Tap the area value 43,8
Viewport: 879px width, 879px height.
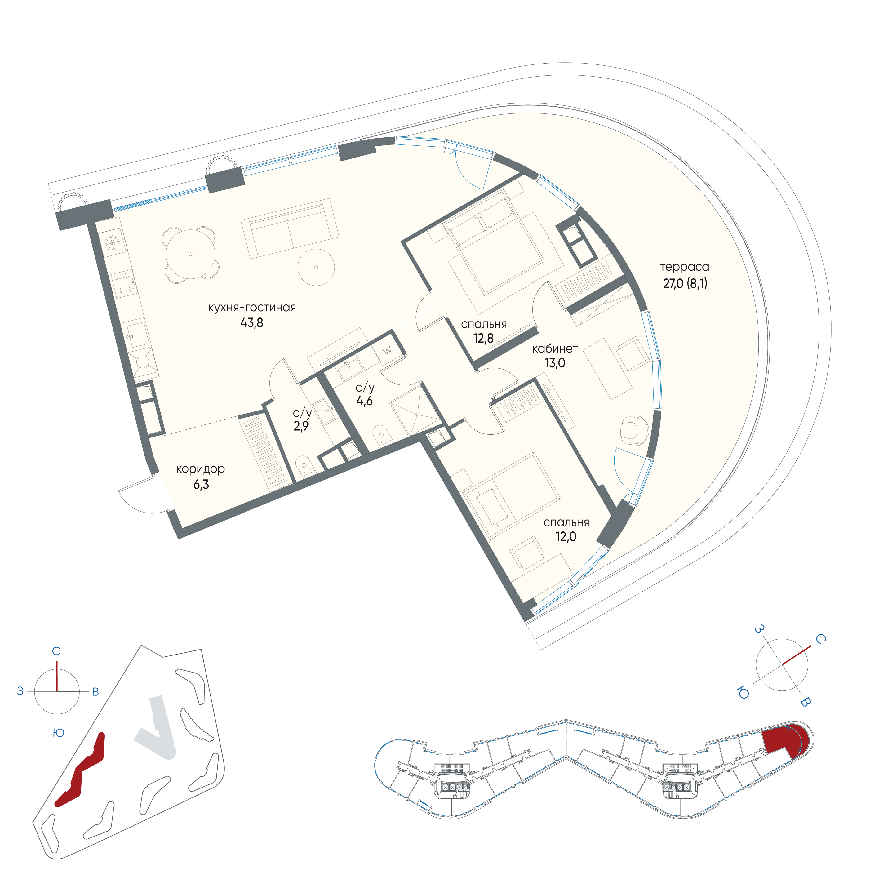pyautogui.click(x=251, y=323)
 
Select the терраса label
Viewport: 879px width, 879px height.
pyautogui.click(x=684, y=267)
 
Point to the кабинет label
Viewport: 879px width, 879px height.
pyautogui.click(x=555, y=349)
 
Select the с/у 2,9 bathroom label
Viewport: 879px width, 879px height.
pyautogui.click(x=302, y=420)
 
